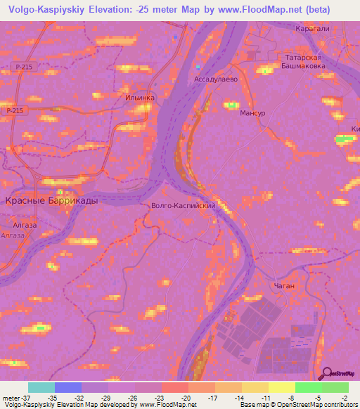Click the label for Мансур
tap(254, 112)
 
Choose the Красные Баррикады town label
tap(52, 200)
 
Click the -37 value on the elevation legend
tap(28, 397)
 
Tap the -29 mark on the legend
tap(108, 397)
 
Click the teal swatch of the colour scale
tap(41, 387)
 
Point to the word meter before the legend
tap(11, 397)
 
